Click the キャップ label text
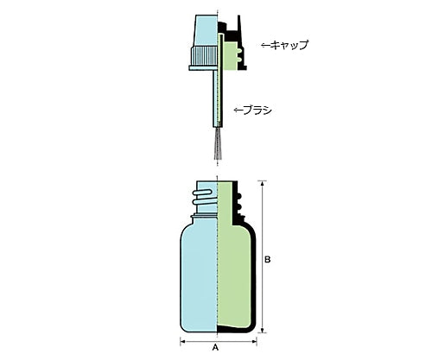289,45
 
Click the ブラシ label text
257,111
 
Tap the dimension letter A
215,348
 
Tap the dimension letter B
268,259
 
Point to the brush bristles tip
218,158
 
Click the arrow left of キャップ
265,45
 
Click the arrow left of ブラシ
238,111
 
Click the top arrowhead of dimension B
262,183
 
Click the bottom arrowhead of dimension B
262,330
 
